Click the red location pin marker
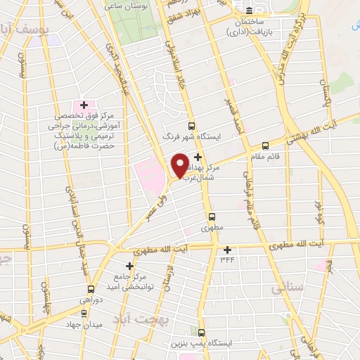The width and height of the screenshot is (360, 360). (180, 164)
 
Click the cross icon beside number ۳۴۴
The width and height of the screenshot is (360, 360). (227, 250)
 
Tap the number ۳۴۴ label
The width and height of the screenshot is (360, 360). (227, 261)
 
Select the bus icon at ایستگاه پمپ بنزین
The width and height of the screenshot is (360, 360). (202, 332)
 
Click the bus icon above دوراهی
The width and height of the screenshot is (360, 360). (90, 289)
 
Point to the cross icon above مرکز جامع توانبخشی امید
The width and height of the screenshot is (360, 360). (129, 266)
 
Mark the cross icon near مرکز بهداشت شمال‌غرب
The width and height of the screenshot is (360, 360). (198, 156)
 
